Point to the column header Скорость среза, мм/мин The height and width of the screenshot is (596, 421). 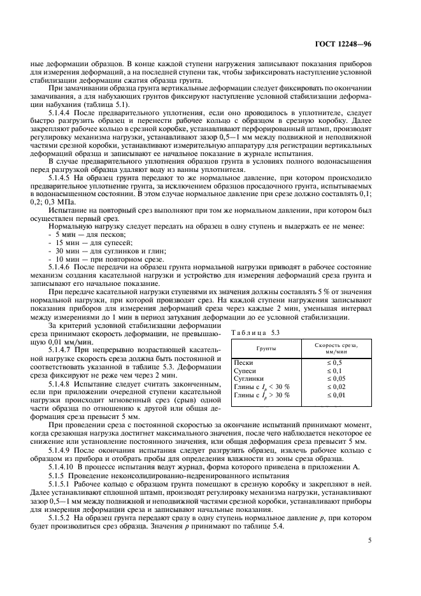336,348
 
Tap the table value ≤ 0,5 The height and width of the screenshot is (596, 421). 335,362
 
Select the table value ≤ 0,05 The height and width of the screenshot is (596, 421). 335,378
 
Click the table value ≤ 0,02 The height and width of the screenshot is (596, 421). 335,387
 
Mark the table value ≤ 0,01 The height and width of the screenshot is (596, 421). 335,395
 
